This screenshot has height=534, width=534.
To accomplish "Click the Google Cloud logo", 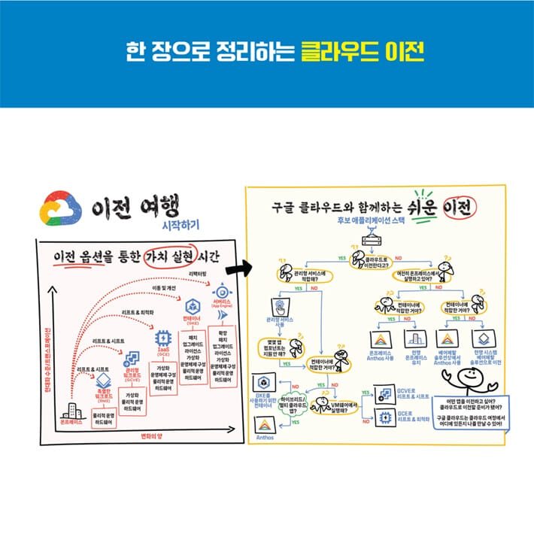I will (62, 207).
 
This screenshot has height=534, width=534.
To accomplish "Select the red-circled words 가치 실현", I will (170, 256).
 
